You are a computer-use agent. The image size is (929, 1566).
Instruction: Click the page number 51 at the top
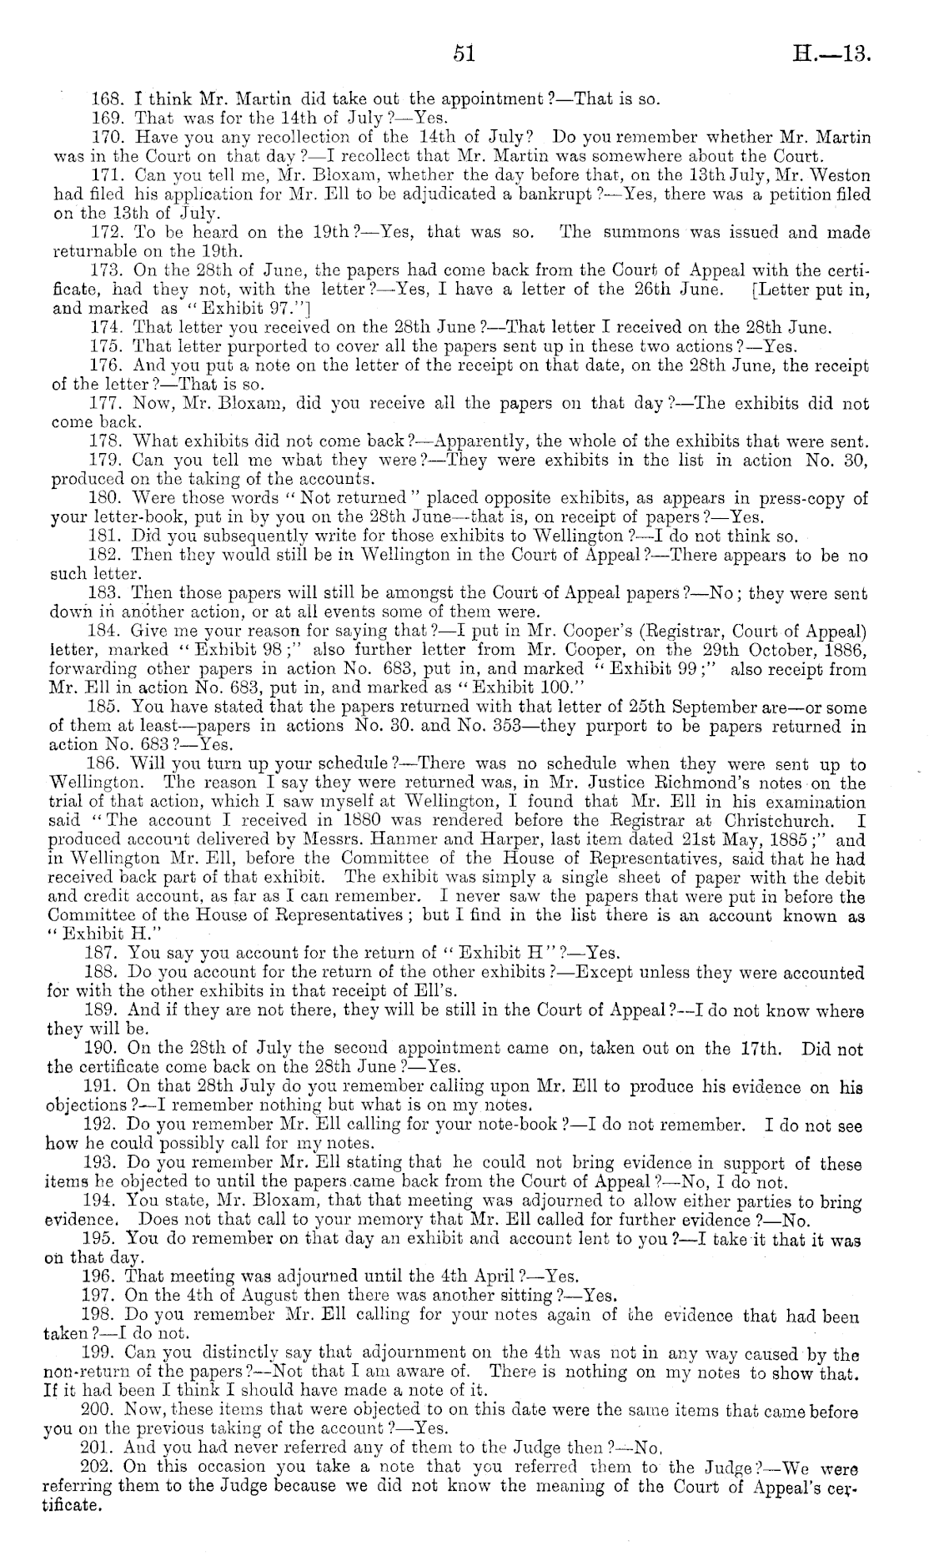[464, 54]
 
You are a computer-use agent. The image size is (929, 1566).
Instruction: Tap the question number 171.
[105, 176]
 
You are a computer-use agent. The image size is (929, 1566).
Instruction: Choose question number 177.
[104, 404]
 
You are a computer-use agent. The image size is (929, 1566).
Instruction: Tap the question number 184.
[103, 632]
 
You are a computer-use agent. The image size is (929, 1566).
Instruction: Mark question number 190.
[104, 1049]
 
